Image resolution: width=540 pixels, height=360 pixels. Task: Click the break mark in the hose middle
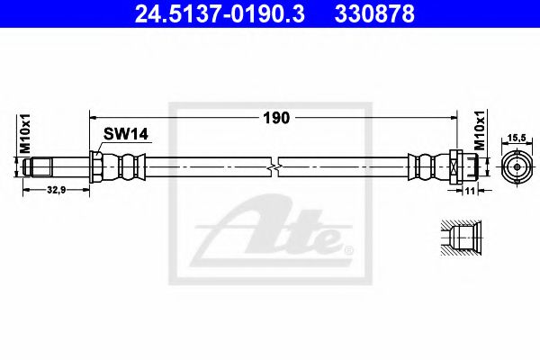tap(275, 166)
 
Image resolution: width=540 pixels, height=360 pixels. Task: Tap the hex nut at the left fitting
tap(95, 166)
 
